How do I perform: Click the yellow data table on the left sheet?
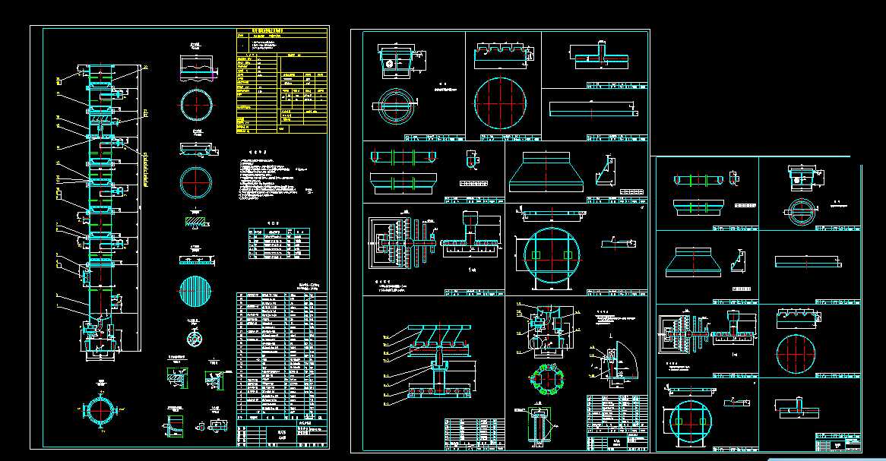click(282, 81)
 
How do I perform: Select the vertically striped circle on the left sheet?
click(198, 289)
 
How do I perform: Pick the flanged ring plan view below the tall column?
click(100, 411)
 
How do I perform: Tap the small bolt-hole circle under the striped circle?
click(196, 336)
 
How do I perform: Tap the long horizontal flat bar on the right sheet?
click(807, 262)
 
